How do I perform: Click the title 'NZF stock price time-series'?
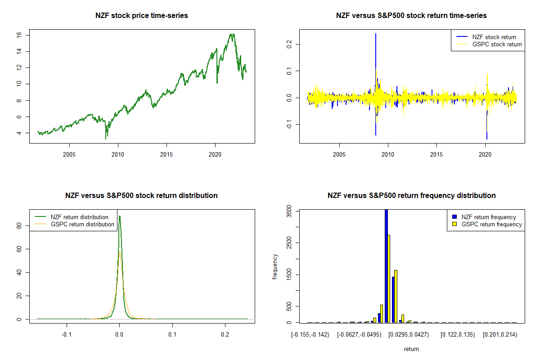(142, 15)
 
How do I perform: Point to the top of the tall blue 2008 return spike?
(375, 34)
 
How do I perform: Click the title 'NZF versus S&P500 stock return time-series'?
(411, 15)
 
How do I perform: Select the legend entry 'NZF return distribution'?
(80, 217)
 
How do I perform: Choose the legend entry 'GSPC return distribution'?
(82, 224)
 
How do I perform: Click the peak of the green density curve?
(120, 216)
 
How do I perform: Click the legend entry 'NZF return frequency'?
(489, 217)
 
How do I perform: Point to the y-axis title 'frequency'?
(275, 267)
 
